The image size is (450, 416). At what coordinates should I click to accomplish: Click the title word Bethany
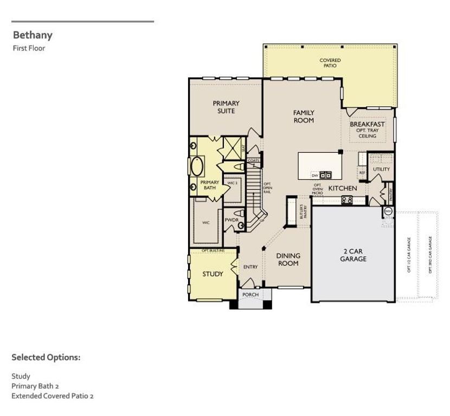pos(33,35)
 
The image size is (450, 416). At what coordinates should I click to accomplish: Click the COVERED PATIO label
pos(330,63)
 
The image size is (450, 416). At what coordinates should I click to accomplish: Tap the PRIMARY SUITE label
pos(226,107)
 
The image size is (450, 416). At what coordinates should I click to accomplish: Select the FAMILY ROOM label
pos(304,116)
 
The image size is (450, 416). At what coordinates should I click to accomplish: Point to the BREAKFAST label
pos(367,124)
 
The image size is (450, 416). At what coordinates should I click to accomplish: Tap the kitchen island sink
pos(326,174)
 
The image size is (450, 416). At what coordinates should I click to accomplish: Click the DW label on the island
pos(314,175)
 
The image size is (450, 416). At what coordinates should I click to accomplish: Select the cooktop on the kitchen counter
pos(346,199)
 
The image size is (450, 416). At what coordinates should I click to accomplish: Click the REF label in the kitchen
pos(362,173)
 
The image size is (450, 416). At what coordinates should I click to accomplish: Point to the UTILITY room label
pos(381,169)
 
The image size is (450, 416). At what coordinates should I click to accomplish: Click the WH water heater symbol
pos(388,211)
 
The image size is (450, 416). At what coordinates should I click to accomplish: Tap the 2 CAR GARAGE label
pos(353,255)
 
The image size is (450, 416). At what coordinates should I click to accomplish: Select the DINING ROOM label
pos(288,259)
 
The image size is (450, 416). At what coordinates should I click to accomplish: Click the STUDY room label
pos(213,274)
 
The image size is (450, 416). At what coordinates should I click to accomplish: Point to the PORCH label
pos(250,295)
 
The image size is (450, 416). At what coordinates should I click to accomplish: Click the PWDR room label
pos(232,220)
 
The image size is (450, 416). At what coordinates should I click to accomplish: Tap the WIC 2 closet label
pos(233,184)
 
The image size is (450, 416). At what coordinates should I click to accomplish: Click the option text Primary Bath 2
pos(35,386)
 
